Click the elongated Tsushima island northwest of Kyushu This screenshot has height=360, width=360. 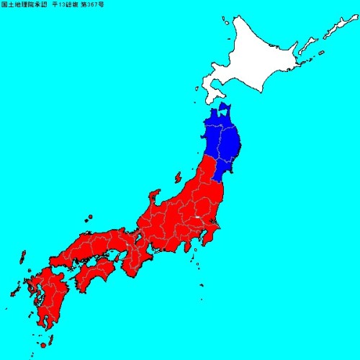tap(22, 258)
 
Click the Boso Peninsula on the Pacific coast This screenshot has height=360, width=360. tap(213, 241)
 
